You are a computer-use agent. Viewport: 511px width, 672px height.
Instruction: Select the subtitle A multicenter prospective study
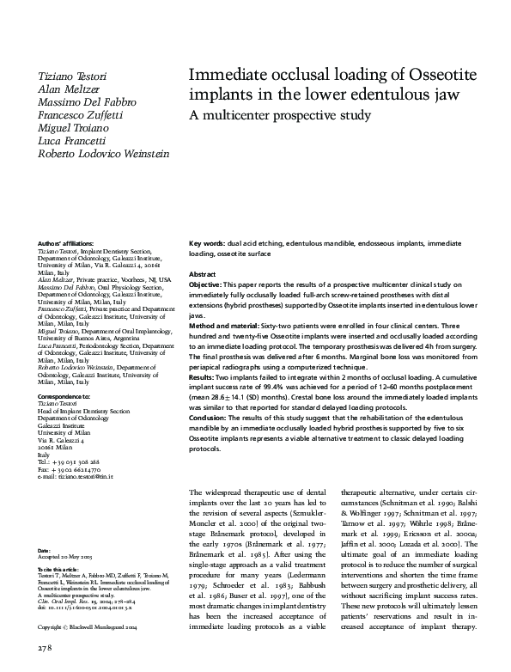pyautogui.click(x=280, y=114)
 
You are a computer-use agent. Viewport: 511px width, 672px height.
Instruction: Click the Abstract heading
pyautogui.click(x=204, y=272)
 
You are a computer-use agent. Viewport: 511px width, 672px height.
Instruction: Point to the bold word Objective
pyautogui.click(x=205, y=284)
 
